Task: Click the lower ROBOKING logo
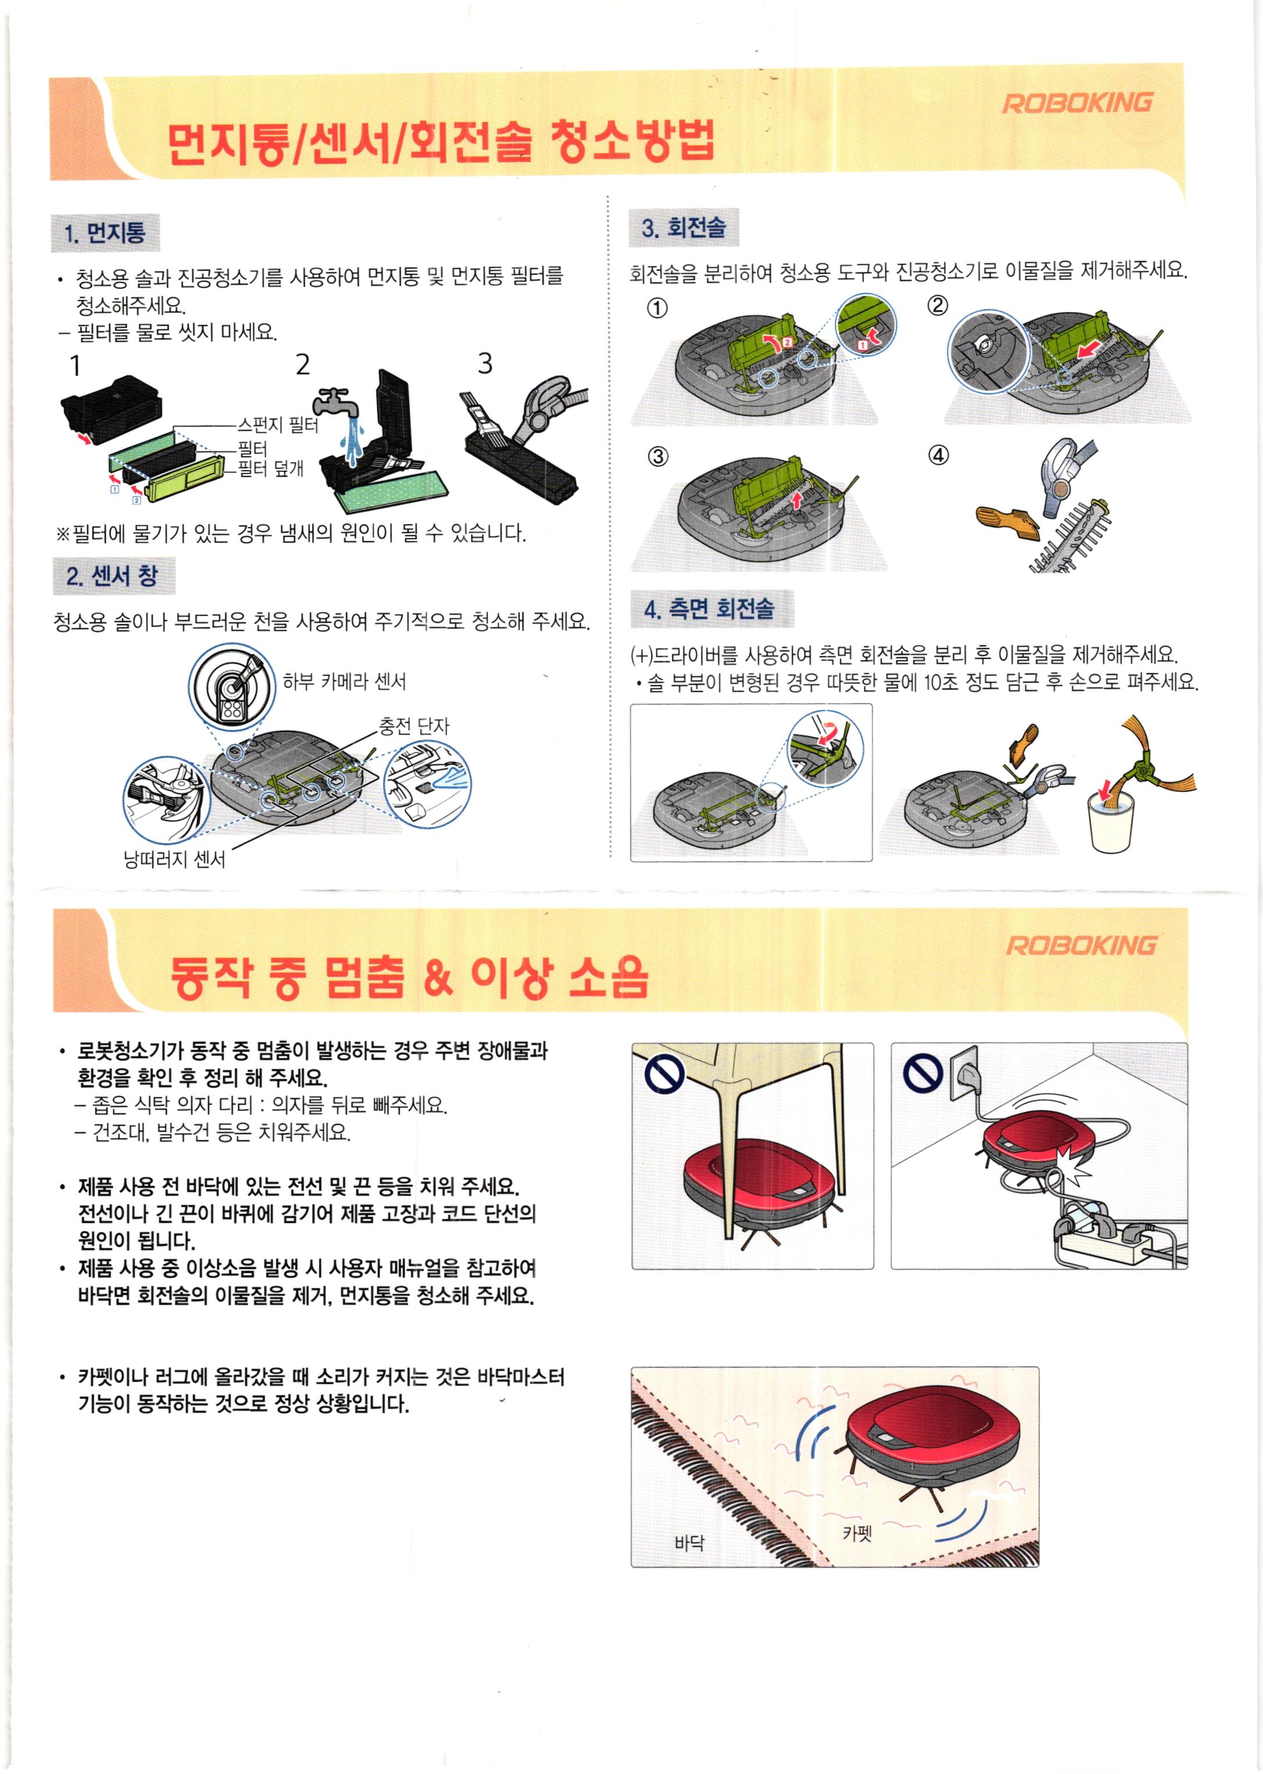pos(1081,946)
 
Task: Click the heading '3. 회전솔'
pos(684,227)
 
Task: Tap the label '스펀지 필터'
pos(278,425)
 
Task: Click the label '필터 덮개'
pos(270,468)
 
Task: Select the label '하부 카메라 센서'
pos(344,681)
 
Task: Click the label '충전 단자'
pos(414,726)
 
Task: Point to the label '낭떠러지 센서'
pos(174,859)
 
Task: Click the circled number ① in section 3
pos(657,308)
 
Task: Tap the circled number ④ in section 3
pos(939,455)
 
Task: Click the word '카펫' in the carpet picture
pos(857,1533)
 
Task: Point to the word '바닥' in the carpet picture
pos(689,1543)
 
